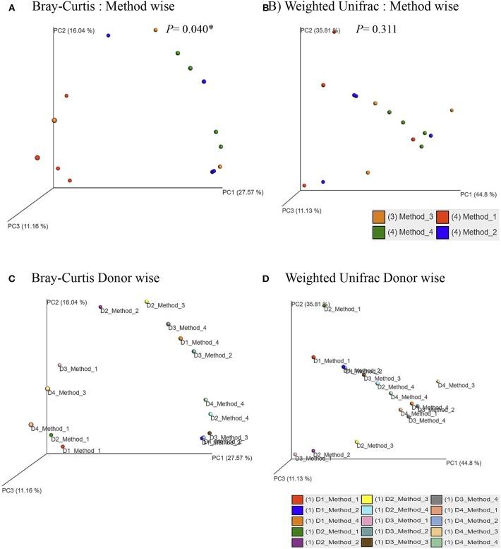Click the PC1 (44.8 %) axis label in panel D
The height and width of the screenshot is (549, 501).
pyautogui.click(x=464, y=464)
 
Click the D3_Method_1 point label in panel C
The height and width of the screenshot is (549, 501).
pyautogui.click(x=78, y=369)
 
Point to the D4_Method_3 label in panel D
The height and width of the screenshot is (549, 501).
pyautogui.click(x=457, y=385)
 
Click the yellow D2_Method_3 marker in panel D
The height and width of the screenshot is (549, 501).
pyautogui.click(x=357, y=442)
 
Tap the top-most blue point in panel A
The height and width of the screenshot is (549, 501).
pyautogui.click(x=108, y=35)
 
